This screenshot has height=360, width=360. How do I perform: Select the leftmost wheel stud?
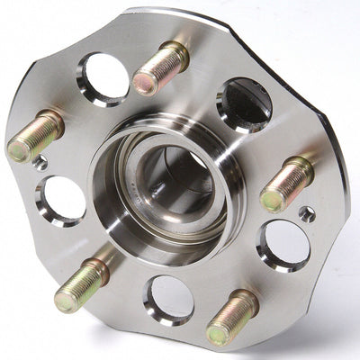point(36,136)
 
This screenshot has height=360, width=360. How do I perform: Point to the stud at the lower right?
point(233,317)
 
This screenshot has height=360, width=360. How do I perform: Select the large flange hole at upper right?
point(243,103)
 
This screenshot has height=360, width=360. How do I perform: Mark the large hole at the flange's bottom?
point(168,299)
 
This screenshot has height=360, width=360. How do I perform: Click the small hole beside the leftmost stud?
point(41,164)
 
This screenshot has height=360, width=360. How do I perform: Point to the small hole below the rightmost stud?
point(306,214)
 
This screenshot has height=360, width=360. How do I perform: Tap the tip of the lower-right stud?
point(218,334)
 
